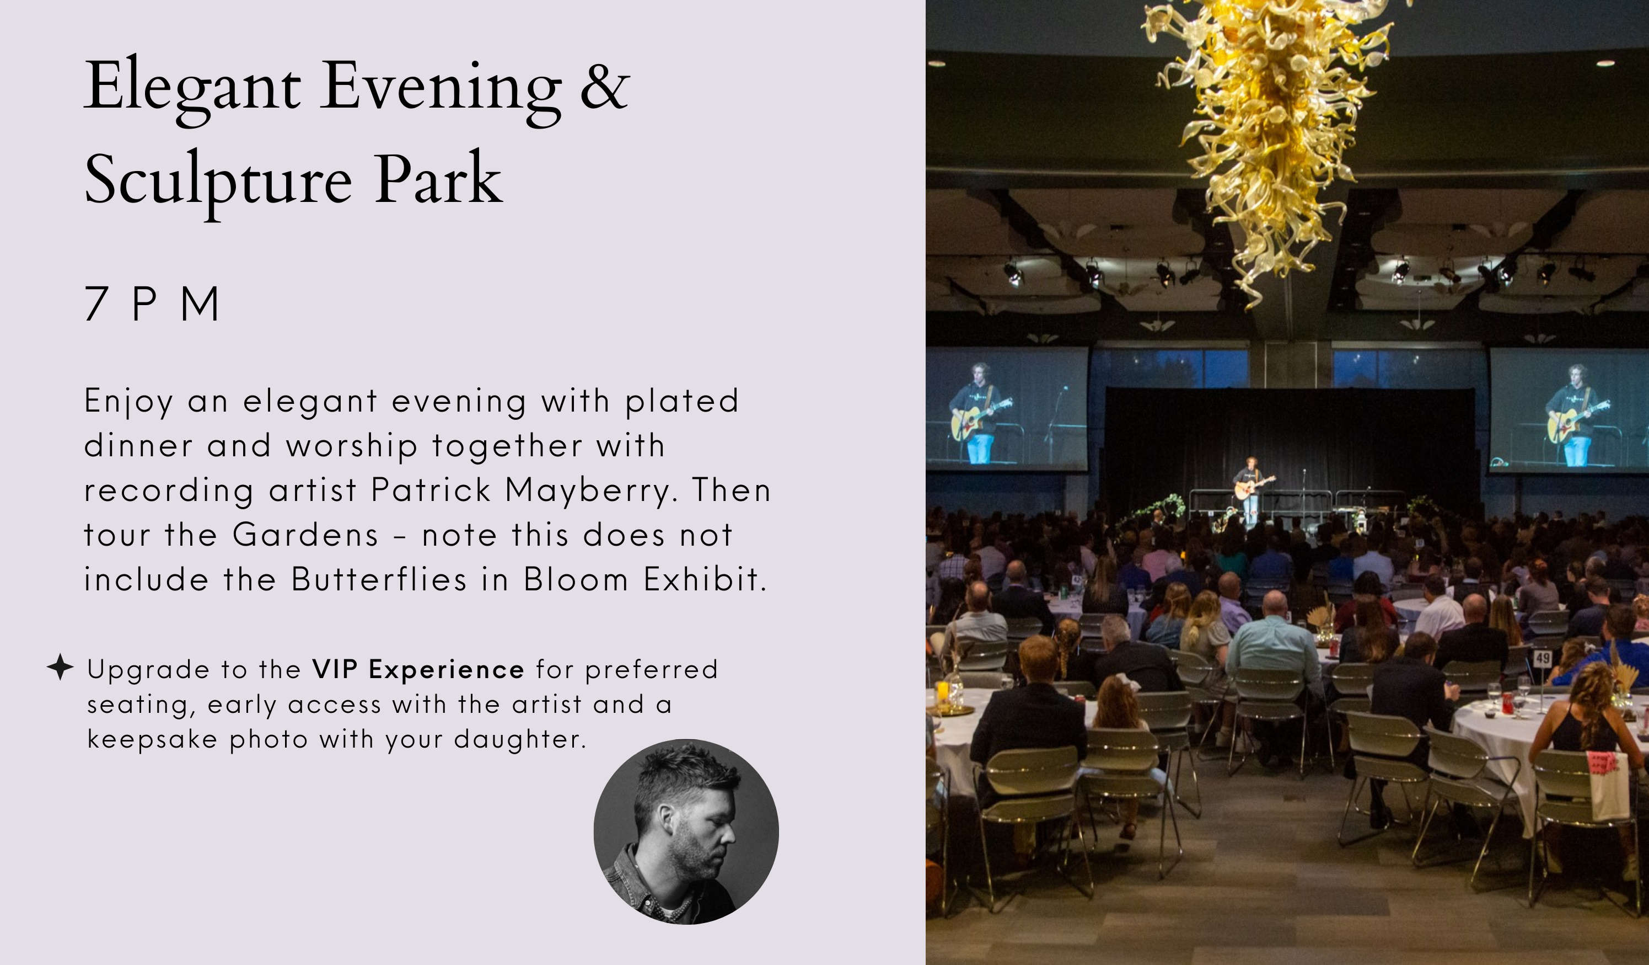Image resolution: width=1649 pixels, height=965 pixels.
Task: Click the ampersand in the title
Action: pos(605,85)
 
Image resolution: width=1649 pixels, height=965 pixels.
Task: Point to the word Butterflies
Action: pos(379,579)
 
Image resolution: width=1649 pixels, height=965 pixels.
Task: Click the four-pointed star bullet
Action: pos(60,667)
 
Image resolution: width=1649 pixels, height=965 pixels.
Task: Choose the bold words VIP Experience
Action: pos(418,669)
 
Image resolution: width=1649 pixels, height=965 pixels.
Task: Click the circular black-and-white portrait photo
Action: pos(686,831)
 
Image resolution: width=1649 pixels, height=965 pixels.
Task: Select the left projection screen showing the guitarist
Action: pos(1006,409)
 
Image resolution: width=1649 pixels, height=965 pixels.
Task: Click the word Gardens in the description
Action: pos(305,534)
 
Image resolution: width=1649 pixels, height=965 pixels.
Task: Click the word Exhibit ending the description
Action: pos(705,579)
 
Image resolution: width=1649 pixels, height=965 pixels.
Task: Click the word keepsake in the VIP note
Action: pos(152,739)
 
